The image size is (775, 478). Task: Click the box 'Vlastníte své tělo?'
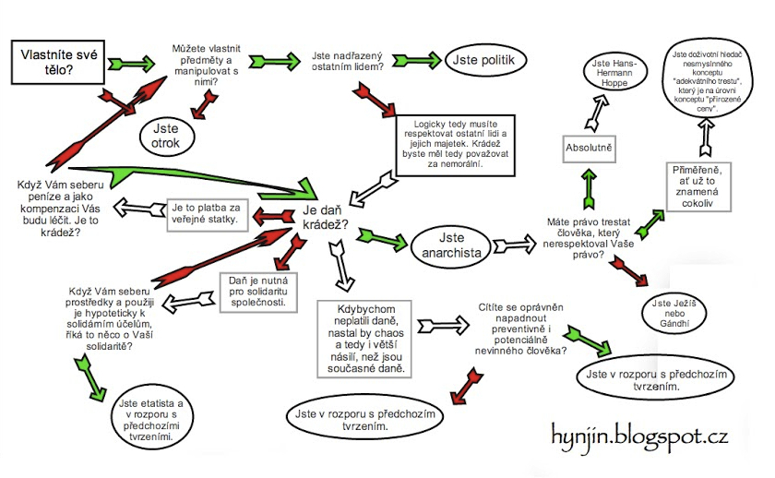[x=60, y=63]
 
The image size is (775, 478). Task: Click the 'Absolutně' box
[x=590, y=148]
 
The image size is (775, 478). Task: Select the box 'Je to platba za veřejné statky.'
[x=205, y=213]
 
